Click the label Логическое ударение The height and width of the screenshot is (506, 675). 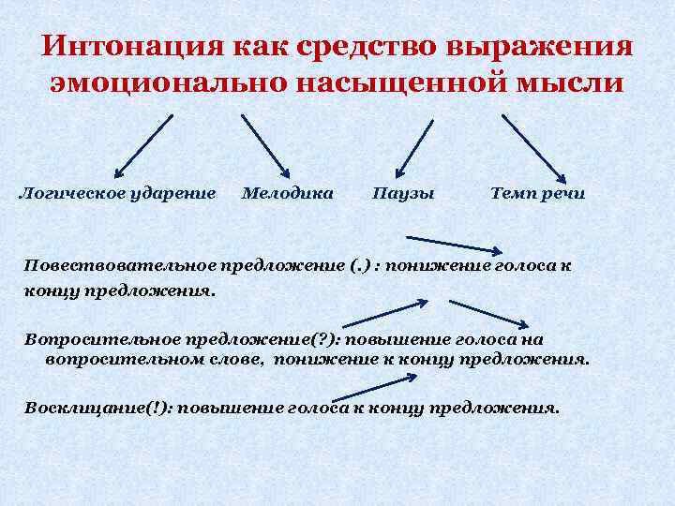(117, 194)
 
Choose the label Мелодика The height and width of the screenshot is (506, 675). (287, 194)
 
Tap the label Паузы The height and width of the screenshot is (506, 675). (403, 194)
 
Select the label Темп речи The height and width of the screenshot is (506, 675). (538, 194)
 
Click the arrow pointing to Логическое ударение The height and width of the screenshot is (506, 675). (143, 145)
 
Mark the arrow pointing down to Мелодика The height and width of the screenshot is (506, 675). (265, 145)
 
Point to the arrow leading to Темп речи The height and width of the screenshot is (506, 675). (534, 147)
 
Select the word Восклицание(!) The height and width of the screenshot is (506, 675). (95, 409)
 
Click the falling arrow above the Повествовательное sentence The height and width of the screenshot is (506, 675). (456, 246)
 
